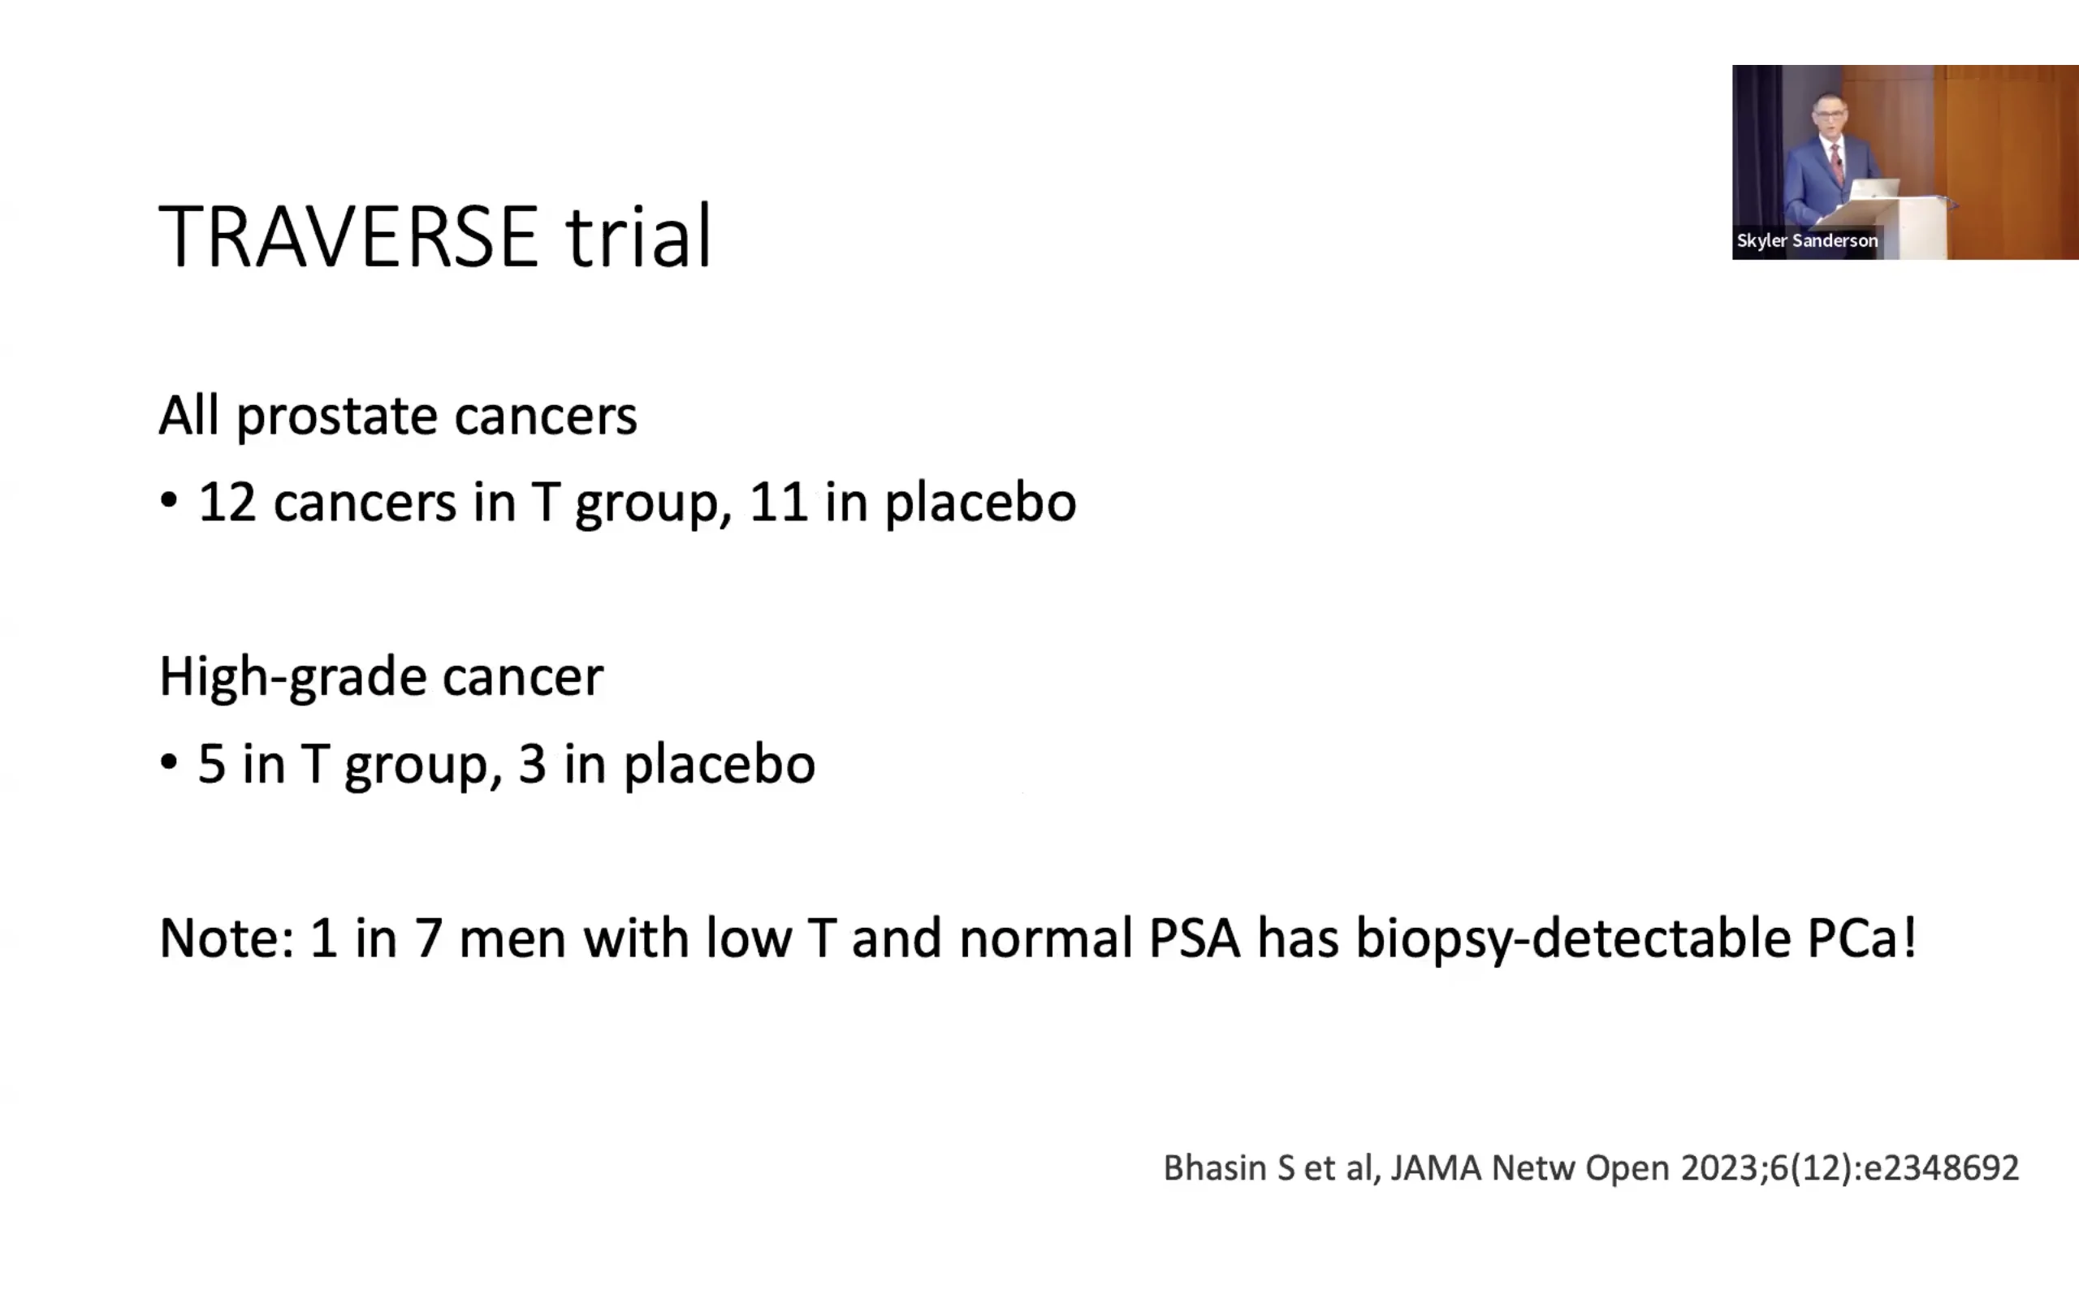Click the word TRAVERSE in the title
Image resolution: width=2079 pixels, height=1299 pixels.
[348, 236]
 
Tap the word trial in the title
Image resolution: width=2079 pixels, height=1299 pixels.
[638, 236]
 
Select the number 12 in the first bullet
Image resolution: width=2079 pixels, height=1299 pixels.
[227, 503]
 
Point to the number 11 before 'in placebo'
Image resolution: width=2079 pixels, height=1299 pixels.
[778, 503]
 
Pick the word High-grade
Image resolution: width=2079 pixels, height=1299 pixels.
[292, 679]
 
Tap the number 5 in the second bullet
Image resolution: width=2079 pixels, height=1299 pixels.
[211, 764]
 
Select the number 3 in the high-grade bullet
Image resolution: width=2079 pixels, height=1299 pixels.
[532, 764]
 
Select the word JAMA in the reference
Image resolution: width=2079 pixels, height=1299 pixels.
[1436, 1168]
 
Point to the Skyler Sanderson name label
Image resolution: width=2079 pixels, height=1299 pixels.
[1807, 240]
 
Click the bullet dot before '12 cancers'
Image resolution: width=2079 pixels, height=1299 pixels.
[168, 501]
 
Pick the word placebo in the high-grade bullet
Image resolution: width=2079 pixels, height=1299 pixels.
[719, 764]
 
